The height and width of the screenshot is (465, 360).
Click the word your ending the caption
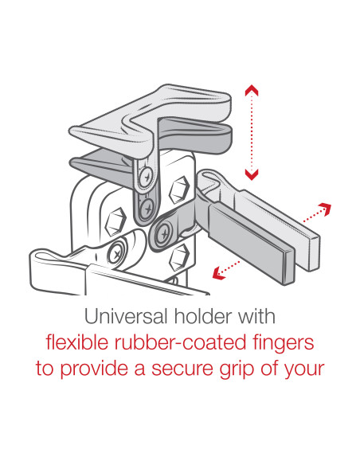pos(303,370)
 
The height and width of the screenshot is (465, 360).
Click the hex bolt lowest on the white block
pos(180,257)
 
